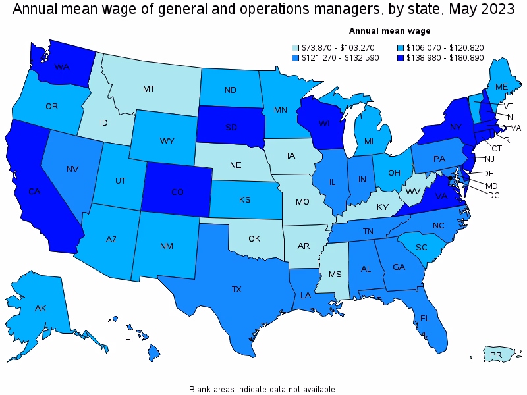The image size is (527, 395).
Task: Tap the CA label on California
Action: pyautogui.click(x=35, y=192)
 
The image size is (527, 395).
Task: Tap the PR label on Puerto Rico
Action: pyautogui.click(x=497, y=355)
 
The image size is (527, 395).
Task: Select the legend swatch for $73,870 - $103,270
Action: pyautogui.click(x=295, y=47)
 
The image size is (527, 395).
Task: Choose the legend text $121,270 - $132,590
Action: pyautogui.click(x=337, y=58)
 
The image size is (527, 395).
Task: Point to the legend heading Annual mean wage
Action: pyautogui.click(x=389, y=30)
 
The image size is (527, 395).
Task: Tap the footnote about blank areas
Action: pyautogui.click(x=263, y=389)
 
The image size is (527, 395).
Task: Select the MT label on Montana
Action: pyautogui.click(x=150, y=88)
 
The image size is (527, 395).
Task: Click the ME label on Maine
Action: pyautogui.click(x=501, y=87)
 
